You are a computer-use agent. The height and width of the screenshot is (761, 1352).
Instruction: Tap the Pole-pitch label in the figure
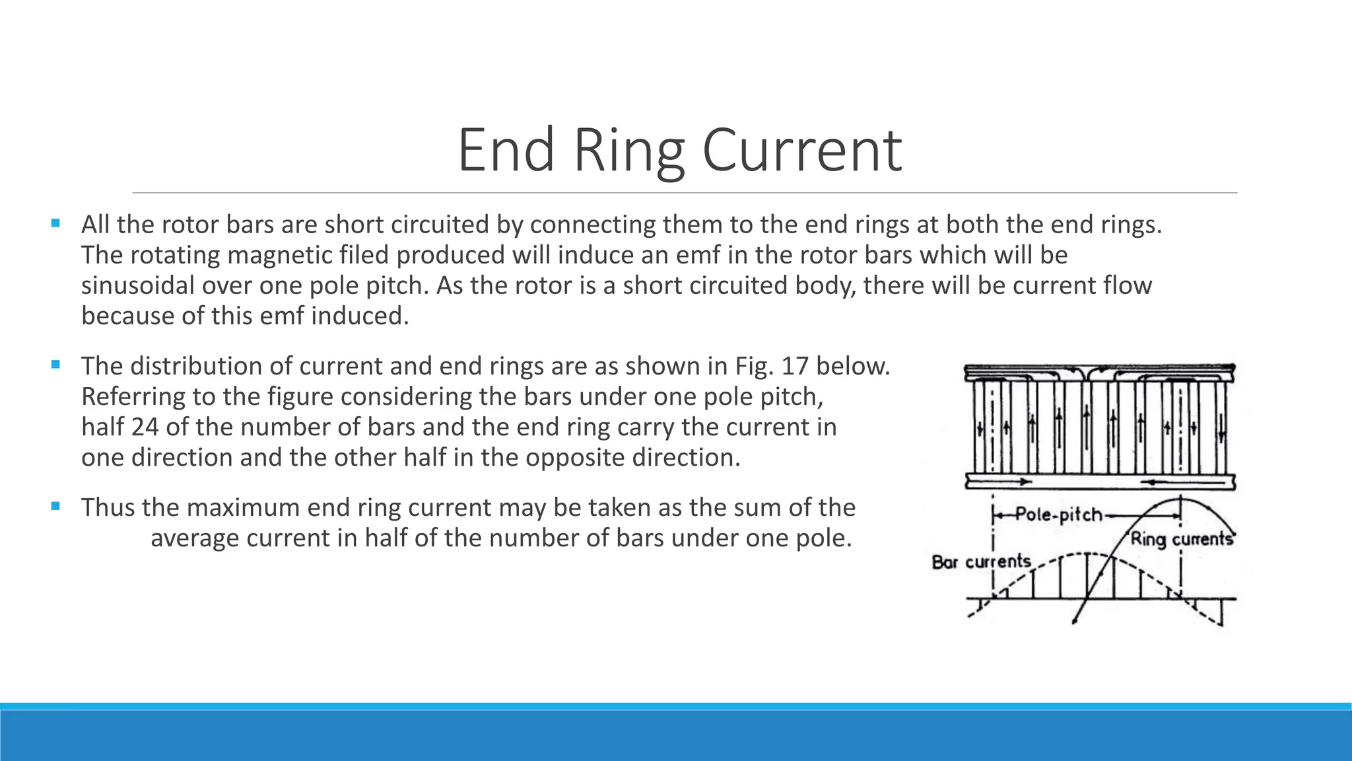coord(1058,514)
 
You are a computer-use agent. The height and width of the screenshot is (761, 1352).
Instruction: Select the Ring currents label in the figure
coord(1182,539)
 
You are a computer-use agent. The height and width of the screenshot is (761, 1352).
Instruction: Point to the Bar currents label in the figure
coord(981,562)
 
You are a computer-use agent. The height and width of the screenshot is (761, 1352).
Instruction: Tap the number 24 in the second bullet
coord(145,427)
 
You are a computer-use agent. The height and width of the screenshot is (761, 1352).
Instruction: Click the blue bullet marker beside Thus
coord(55,507)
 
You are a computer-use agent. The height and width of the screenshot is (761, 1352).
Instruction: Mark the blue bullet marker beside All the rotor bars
coord(55,223)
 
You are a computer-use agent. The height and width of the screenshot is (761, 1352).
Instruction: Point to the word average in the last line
coord(195,538)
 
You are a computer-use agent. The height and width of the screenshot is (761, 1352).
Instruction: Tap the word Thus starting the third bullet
coord(108,507)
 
